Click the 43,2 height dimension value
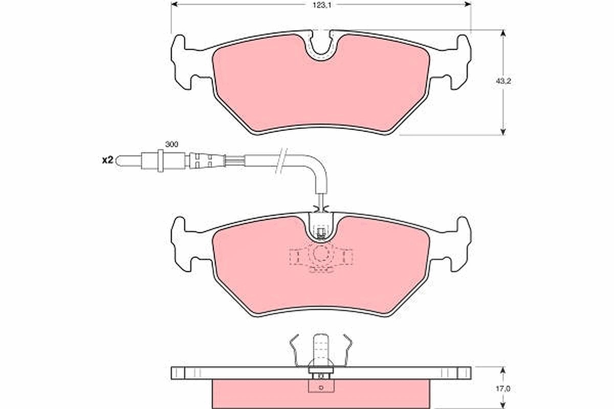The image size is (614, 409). [x=503, y=81]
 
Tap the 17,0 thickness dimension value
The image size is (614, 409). [x=503, y=389]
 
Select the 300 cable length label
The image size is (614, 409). [x=171, y=144]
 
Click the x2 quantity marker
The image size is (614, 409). [x=107, y=160]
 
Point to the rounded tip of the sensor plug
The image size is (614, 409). [x=117, y=161]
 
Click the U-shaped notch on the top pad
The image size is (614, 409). [x=321, y=47]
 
